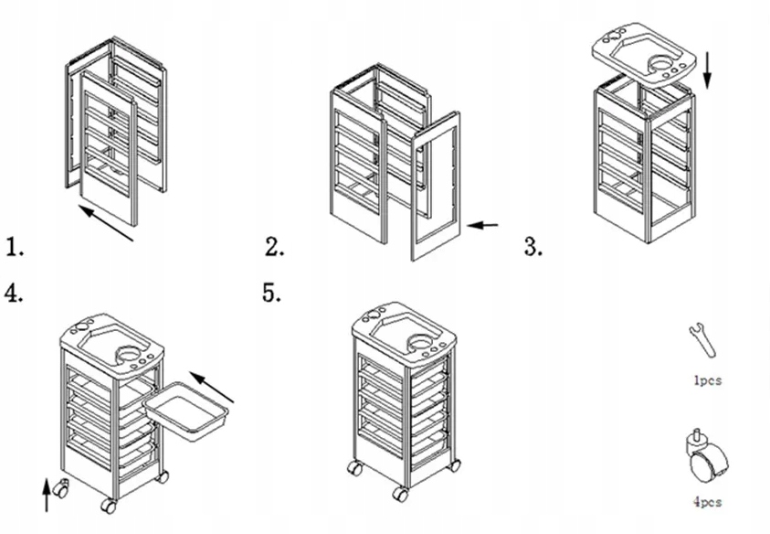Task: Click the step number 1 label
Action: [14, 246]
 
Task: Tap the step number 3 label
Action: [533, 246]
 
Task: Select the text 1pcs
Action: [706, 380]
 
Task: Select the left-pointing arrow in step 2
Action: [483, 224]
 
